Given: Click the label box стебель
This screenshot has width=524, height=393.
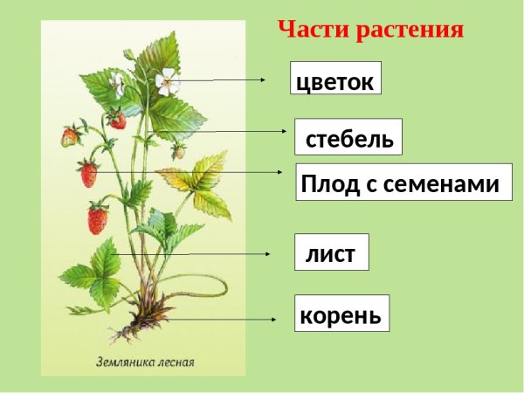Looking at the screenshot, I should [348, 138].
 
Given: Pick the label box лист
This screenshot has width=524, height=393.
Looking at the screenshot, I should [331, 254].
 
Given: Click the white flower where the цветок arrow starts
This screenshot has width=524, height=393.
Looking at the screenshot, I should [166, 82].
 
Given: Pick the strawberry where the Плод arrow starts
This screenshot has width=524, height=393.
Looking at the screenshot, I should [88, 174].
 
